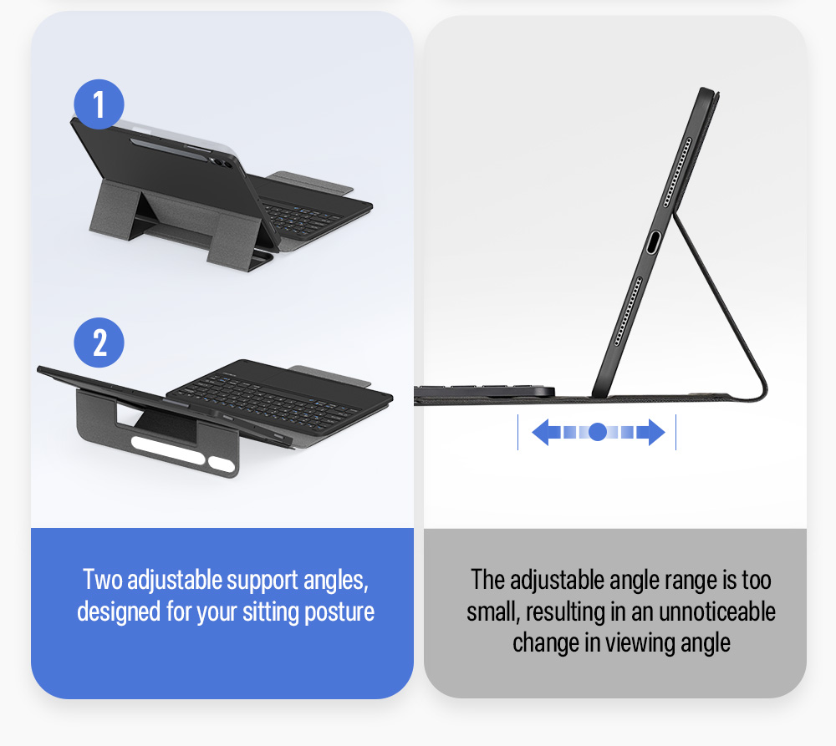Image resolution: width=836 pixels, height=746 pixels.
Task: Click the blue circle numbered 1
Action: click(99, 104)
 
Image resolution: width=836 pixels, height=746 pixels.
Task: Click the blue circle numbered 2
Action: click(99, 343)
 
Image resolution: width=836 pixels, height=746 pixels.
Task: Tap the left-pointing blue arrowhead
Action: click(541, 432)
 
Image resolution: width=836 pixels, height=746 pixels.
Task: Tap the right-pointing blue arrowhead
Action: click(657, 432)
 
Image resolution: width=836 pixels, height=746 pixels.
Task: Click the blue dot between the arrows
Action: click(598, 432)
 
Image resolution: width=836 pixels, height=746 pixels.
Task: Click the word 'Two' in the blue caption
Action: click(102, 580)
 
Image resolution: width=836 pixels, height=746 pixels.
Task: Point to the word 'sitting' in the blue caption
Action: click(271, 612)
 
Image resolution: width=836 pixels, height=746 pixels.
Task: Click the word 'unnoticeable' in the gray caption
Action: click(717, 612)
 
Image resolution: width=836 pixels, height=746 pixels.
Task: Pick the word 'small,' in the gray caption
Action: click(493, 612)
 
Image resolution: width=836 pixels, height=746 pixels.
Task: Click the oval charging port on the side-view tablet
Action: click(654, 243)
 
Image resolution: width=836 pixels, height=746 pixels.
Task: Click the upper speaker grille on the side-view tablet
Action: click(677, 172)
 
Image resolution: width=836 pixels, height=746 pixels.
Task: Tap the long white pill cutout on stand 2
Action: click(168, 450)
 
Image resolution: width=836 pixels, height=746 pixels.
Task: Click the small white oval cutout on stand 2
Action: click(222, 464)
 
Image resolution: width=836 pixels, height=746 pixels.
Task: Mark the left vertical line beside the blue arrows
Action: click(517, 432)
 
